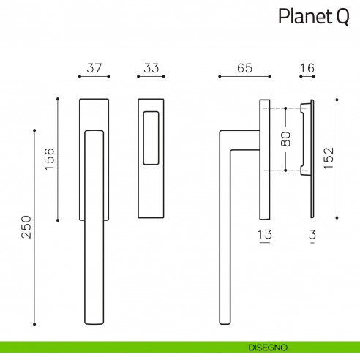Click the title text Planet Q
coord(313,17)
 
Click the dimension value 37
coord(94,68)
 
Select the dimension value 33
coord(151,68)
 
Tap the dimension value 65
coord(244,68)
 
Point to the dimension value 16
coord(307,68)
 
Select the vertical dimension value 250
coord(26,227)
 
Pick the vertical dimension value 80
coord(286,139)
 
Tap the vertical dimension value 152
coord(329,158)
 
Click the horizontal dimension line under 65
coord(244,76)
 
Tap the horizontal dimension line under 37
coord(94,76)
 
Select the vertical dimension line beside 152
coord(337,158)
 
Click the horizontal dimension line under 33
coord(151,76)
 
